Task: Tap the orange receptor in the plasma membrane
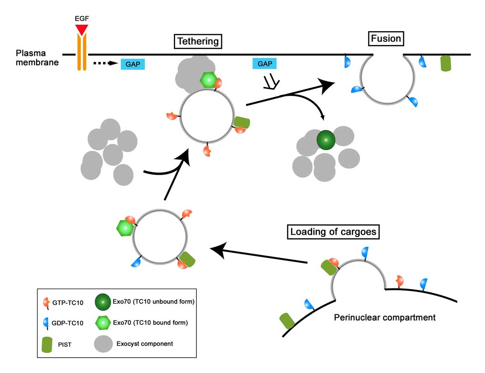(82, 53)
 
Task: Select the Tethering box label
(198, 41)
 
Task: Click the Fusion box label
(386, 39)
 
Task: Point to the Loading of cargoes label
(333, 232)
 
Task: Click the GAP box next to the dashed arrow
(133, 64)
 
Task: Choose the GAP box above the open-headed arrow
(264, 64)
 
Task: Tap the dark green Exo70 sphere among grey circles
(326, 140)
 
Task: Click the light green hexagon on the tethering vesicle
(208, 80)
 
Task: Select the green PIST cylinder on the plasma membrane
(446, 63)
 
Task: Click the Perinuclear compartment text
(385, 318)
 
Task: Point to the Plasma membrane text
(37, 58)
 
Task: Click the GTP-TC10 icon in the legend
(47, 302)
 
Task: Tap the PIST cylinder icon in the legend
(47, 345)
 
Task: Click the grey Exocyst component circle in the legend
(103, 344)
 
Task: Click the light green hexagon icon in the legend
(103, 323)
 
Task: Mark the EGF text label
(82, 18)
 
